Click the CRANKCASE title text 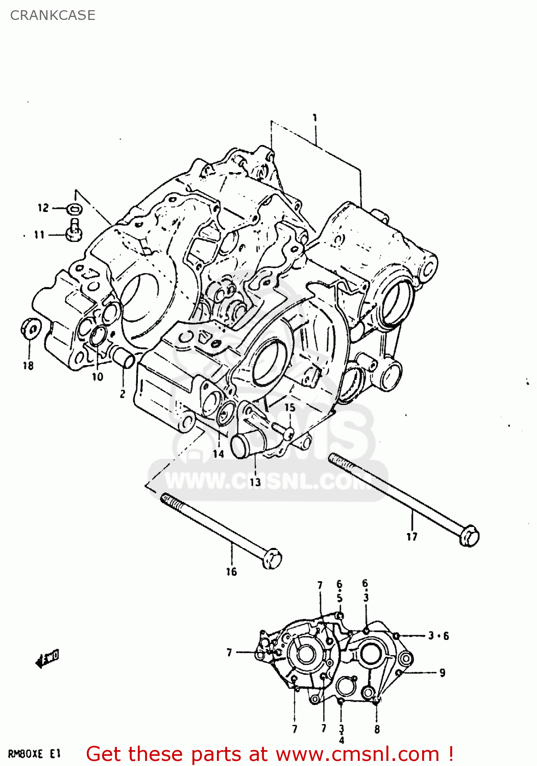pos(53,15)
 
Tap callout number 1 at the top pos(315,118)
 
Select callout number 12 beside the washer pos(43,208)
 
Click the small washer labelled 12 pos(74,208)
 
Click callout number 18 pos(28,366)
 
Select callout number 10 pos(97,377)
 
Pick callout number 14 pos(218,454)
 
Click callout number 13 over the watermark pos(255,482)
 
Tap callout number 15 pos(289,408)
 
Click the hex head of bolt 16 pos(272,558)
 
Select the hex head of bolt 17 pos(469,536)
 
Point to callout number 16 pos(231,572)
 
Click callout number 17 pos(412,537)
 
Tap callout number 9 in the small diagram pos(442,673)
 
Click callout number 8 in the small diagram pos(377,729)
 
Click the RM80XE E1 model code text pos(34,754)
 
